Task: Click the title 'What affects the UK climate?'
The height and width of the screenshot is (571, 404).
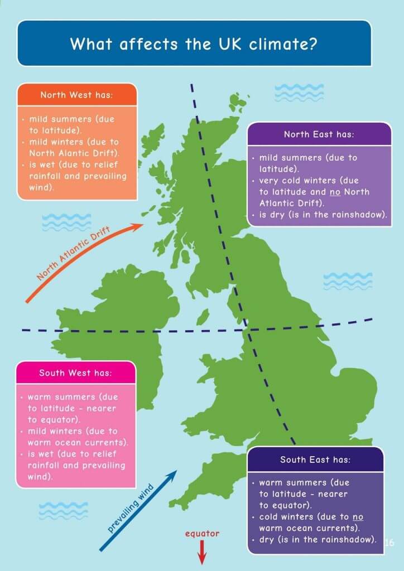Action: pyautogui.click(x=194, y=43)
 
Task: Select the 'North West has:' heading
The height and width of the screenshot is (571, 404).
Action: pyautogui.click(x=76, y=95)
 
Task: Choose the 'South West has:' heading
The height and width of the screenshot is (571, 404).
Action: pyautogui.click(x=75, y=372)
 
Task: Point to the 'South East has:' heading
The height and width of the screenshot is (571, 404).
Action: pyautogui.click(x=315, y=460)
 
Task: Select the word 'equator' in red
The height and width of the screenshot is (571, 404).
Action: pyautogui.click(x=202, y=534)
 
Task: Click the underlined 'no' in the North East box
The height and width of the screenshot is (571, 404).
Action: pyautogui.click(x=320, y=192)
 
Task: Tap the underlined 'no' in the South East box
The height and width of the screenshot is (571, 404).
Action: pyautogui.click(x=358, y=516)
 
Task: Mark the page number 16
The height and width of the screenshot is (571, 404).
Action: pyautogui.click(x=389, y=542)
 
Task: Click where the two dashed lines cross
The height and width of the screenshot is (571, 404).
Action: pyautogui.click(x=248, y=330)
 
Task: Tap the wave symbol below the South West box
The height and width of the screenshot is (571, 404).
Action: pyautogui.click(x=63, y=509)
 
